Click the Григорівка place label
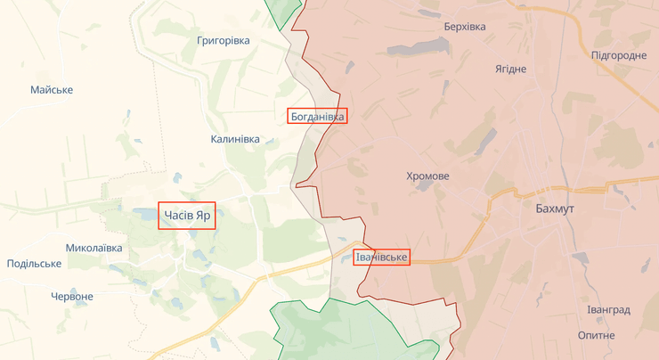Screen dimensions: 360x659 pos(223,40)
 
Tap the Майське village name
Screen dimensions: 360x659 pos(52,90)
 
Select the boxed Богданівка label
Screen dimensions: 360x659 pos(317,116)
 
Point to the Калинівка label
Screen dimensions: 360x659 pos(235,139)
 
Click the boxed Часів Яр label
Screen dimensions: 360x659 pos(187,216)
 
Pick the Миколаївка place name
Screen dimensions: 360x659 pos(94,248)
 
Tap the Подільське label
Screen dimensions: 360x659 pos(34,264)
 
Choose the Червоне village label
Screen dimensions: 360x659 pos(72,296)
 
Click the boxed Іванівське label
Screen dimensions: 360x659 pos(381,258)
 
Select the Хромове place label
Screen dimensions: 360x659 pos(427,176)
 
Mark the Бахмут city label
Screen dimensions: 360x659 pos(557,209)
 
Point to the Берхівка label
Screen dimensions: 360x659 pos(465,27)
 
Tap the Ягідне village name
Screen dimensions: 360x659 pos(510,69)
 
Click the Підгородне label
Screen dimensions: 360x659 pos(619,55)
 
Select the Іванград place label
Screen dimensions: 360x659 pos(608,310)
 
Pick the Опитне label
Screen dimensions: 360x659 pos(596,335)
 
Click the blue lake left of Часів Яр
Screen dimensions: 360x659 pos(145,215)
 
